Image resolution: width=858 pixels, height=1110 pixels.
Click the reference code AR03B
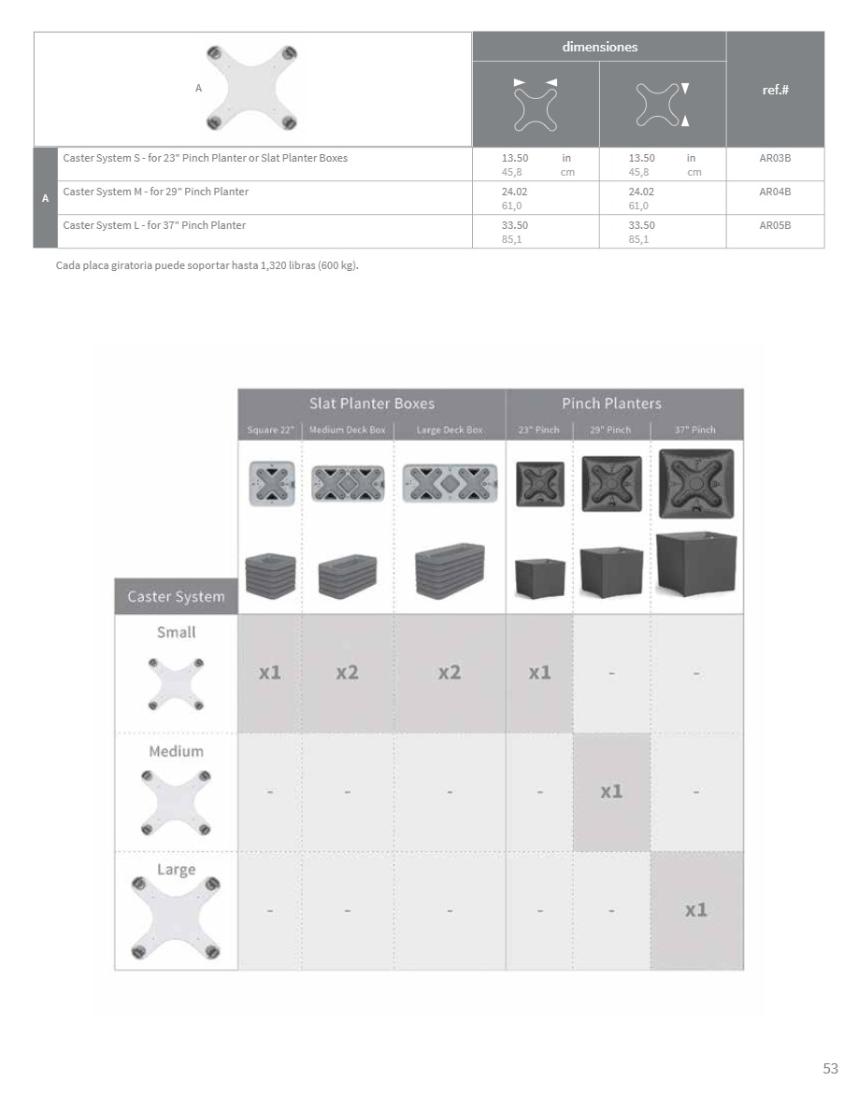pos(775,159)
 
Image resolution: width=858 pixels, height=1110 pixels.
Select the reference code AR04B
pos(775,192)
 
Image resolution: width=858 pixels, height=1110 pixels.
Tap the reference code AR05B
pos(775,226)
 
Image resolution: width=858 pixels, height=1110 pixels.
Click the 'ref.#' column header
pos(775,91)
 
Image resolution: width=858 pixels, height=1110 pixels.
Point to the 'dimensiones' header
pos(599,47)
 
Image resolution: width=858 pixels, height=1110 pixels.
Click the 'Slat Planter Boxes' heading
pos(372,404)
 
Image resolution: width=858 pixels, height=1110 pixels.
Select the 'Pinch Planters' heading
pos(611,404)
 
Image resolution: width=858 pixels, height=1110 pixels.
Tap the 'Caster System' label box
pos(176,596)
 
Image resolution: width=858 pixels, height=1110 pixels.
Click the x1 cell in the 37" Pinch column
pos(696,910)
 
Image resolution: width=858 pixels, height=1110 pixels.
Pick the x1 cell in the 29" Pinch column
pos(611,791)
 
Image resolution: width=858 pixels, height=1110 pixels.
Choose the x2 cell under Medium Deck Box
pos(347,673)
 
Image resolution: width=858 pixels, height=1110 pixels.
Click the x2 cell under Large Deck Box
pos(450,673)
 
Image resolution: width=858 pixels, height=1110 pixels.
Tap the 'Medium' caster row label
pos(176,751)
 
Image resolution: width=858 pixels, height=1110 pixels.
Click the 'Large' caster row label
pos(176,870)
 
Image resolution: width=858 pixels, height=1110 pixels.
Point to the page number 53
pos(830,1069)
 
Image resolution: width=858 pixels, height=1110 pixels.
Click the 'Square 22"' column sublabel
pos(270,430)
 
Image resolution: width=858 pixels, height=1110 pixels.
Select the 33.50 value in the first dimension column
pos(514,226)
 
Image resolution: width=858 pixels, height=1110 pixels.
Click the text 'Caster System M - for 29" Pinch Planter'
pos(155,192)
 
